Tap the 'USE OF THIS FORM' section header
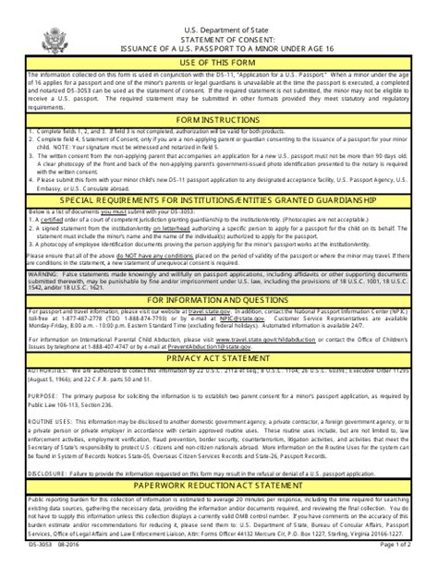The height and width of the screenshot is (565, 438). point(218,61)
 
